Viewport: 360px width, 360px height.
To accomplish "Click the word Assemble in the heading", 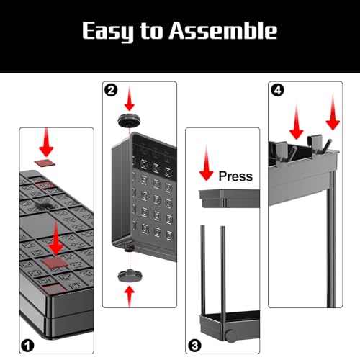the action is pos(223,30).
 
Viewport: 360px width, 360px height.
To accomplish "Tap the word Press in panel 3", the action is pos(235,176).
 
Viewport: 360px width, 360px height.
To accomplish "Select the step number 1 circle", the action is pos(27,346).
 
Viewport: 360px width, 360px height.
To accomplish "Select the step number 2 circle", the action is pos(111,91).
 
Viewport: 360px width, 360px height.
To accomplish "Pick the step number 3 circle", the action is pos(194,346).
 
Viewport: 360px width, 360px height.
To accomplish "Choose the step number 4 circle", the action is pos(277,90).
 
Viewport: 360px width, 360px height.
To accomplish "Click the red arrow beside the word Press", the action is pos(207,163).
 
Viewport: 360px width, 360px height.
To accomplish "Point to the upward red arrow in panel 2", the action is pos(130,296).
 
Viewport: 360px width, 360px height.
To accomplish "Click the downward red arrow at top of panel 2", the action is pos(130,99).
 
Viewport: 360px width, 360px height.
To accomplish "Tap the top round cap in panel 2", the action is pos(129,120).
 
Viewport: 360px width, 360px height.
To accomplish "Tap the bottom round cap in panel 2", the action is pos(130,276).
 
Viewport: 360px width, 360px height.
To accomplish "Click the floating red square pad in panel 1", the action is pos(45,163).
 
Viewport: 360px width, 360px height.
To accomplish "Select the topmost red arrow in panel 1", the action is pos(46,143).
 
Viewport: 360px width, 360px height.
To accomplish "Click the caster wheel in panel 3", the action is pos(230,336).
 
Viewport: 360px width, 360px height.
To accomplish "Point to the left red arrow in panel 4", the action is pos(297,122).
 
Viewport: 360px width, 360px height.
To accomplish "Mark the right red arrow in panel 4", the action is pos(333,112).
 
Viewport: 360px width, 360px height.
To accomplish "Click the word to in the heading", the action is pos(151,30).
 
